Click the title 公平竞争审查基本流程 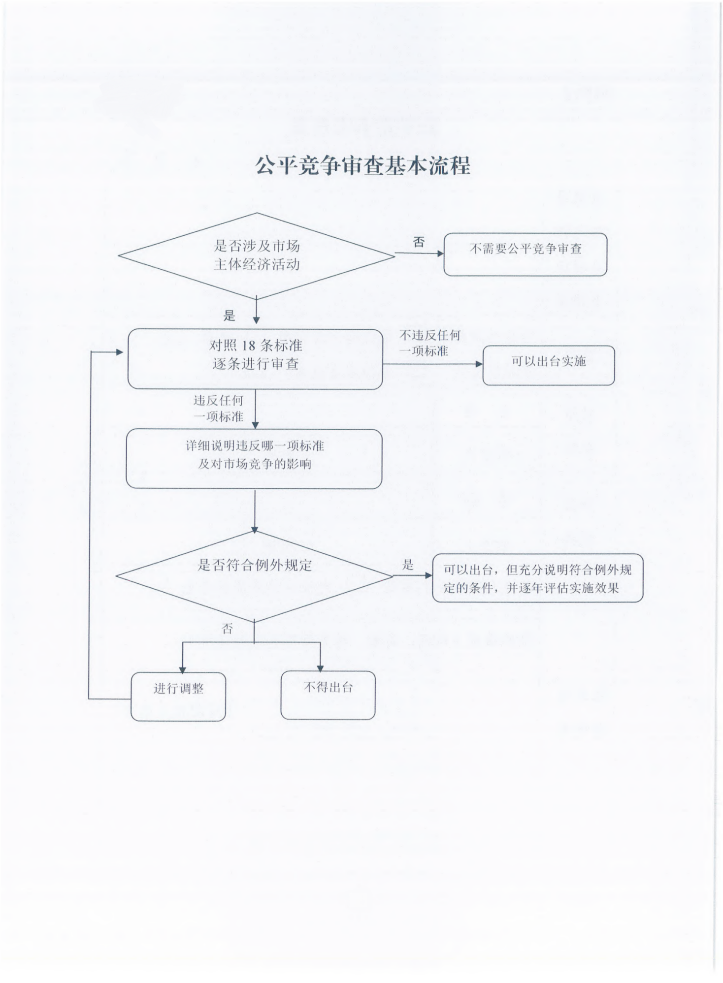tap(362, 166)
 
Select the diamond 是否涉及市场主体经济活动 tap(256, 255)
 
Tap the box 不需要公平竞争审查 tap(525, 254)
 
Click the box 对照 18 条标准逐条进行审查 tap(255, 359)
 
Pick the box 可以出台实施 tap(548, 365)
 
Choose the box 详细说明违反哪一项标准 tap(254, 458)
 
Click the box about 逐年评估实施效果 tap(537, 578)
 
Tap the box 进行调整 tap(178, 696)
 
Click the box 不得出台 tap(328, 695)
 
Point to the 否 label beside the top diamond tap(419, 242)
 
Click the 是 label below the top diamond tap(230, 316)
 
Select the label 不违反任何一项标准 tap(429, 343)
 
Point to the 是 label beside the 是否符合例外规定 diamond tap(408, 565)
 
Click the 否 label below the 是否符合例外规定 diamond tap(227, 629)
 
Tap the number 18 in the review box tap(249, 346)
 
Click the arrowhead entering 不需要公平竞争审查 tap(440, 254)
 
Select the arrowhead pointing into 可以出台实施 tap(479, 364)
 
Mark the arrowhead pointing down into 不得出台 tap(320, 668)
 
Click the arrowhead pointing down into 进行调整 tap(183, 669)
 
